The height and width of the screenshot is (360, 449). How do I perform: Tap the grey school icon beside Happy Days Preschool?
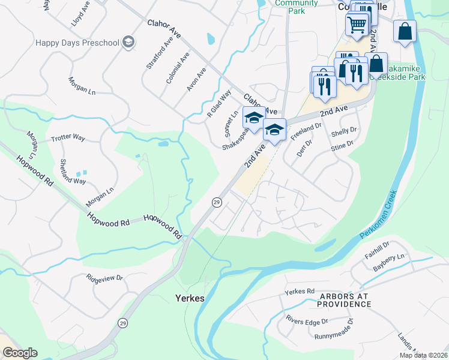click(128, 42)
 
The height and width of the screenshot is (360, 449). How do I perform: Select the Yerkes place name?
click(190, 298)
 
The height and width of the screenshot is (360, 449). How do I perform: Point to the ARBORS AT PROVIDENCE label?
click(336, 300)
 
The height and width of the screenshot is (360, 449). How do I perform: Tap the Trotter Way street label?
click(68, 137)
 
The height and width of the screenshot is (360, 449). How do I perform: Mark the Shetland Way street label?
click(73, 172)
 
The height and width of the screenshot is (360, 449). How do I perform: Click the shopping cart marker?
click(357, 25)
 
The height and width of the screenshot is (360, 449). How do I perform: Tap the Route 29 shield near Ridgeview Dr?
click(123, 322)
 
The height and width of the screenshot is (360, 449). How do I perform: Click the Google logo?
click(20, 353)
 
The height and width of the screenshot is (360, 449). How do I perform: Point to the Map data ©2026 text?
click(423, 355)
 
